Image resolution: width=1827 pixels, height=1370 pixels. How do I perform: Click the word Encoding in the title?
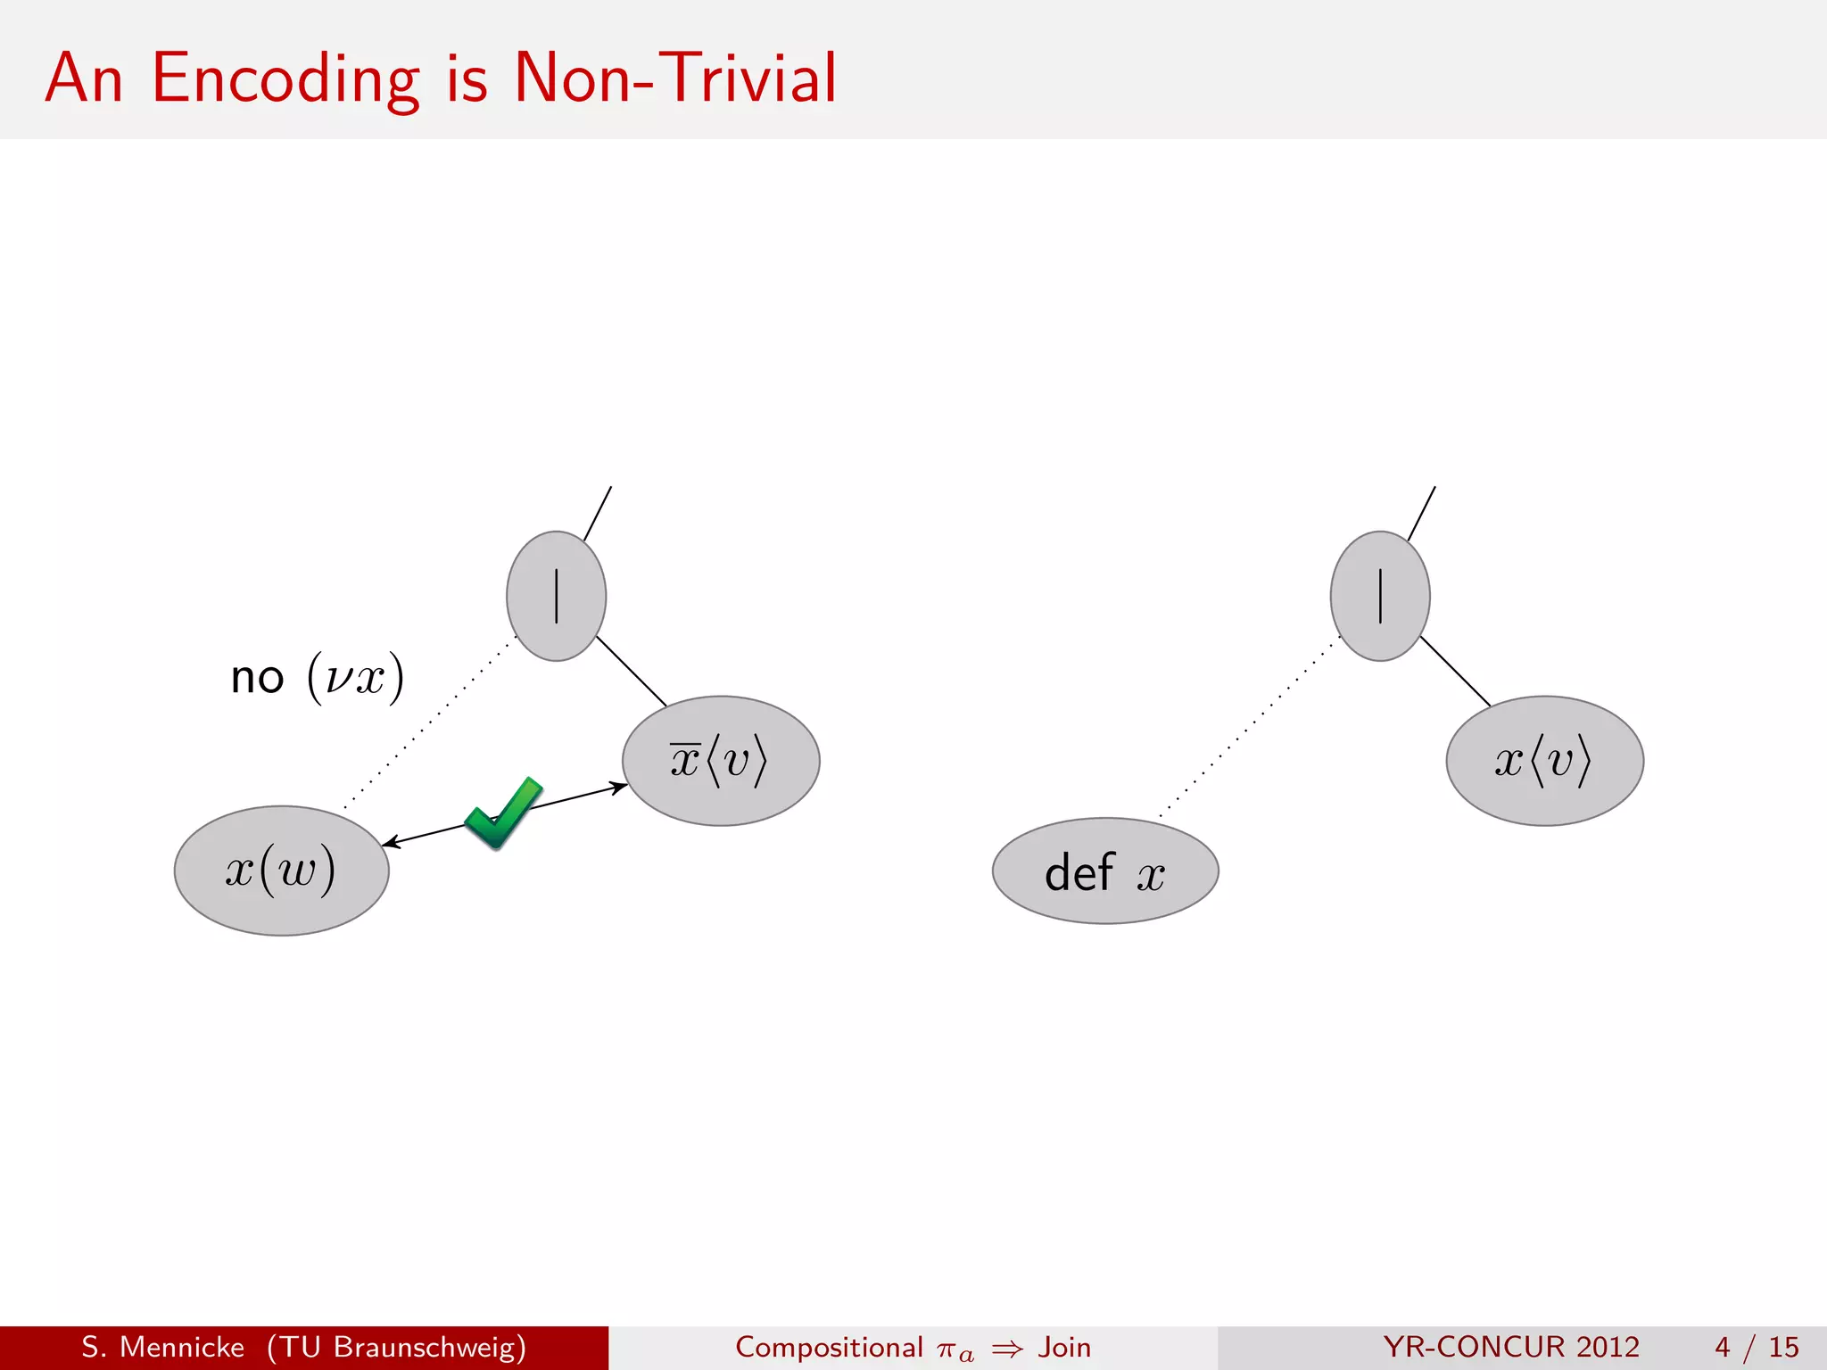[285, 78]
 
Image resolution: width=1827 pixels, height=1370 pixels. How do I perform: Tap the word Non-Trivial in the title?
[675, 78]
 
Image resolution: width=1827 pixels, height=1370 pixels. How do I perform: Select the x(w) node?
[281, 871]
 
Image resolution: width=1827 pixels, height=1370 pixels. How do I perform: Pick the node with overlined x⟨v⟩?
[720, 761]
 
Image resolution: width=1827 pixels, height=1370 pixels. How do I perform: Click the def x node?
[1104, 871]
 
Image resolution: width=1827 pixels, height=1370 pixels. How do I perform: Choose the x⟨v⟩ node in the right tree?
[1544, 761]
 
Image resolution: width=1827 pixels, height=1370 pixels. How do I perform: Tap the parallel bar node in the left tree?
[556, 596]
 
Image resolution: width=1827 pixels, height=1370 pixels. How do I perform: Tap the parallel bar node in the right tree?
[1379, 596]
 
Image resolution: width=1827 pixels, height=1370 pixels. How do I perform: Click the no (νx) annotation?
[317, 678]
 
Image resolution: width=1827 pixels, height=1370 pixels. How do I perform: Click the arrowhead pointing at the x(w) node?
[389, 843]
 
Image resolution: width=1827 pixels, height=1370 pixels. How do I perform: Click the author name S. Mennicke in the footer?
[162, 1347]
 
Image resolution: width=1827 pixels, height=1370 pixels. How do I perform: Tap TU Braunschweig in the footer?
[396, 1347]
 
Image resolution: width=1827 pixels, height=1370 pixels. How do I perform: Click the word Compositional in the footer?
[828, 1347]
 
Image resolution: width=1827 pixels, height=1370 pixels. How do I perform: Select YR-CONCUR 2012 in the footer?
[1511, 1347]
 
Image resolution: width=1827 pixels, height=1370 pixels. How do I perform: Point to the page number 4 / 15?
[1756, 1347]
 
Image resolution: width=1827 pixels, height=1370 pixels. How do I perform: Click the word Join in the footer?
[1064, 1347]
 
